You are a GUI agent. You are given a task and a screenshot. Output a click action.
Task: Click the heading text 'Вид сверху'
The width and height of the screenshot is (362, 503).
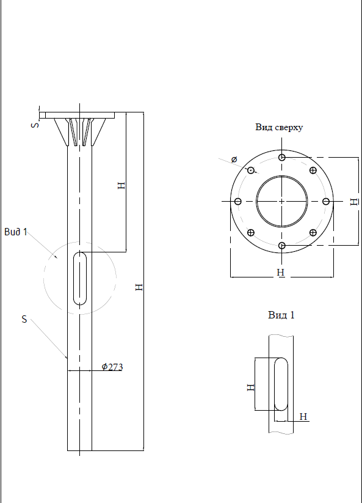pyautogui.click(x=279, y=127)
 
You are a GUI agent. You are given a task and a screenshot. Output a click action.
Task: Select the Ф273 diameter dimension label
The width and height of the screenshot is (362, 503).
pyautogui.click(x=112, y=367)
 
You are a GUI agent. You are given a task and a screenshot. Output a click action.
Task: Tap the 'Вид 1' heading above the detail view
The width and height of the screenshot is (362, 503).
pyautogui.click(x=281, y=315)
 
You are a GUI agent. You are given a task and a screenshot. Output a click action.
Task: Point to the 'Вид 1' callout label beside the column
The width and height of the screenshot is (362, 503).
pyautogui.click(x=16, y=232)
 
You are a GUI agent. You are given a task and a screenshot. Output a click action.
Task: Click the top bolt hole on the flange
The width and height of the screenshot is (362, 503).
pyautogui.click(x=282, y=157)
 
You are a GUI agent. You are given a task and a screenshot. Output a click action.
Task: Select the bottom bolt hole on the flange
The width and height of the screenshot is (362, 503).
pyautogui.click(x=282, y=246)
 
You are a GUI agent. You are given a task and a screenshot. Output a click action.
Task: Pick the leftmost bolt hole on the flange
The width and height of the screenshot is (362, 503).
pyautogui.click(x=237, y=201)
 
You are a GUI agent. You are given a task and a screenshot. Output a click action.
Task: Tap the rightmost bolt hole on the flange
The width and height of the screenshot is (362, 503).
pyautogui.click(x=326, y=201)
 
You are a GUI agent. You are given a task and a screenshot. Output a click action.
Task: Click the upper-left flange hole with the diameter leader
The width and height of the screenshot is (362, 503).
pyautogui.click(x=251, y=170)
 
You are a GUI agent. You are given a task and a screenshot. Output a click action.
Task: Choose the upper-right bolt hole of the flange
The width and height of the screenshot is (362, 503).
pyautogui.click(x=313, y=170)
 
